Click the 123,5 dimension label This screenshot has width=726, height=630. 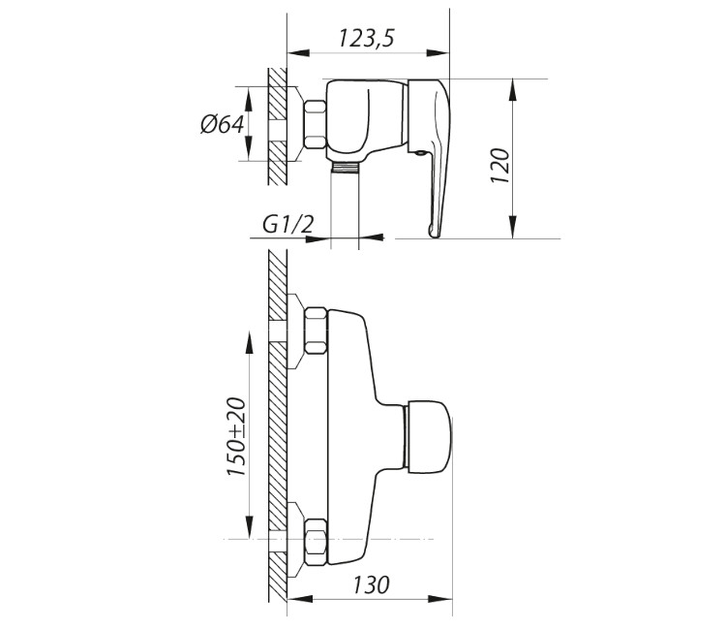[x=366, y=38]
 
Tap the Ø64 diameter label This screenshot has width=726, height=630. [x=223, y=124]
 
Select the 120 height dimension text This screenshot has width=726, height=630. [x=500, y=166]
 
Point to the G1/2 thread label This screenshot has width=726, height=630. [x=288, y=225]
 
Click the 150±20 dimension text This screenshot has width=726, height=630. [x=236, y=436]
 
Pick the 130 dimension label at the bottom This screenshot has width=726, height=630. [x=371, y=585]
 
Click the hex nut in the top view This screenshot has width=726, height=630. [x=315, y=124]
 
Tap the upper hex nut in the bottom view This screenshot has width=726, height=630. [x=316, y=331]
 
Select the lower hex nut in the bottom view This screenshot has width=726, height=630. [x=316, y=542]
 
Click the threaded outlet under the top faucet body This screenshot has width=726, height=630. [x=345, y=168]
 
